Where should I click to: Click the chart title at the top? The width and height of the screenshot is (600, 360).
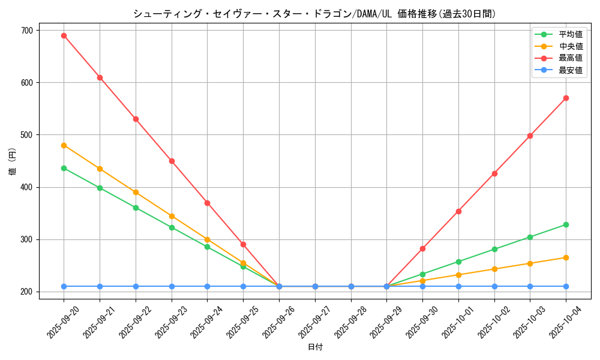314,14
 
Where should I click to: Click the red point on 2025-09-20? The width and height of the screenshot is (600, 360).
64,35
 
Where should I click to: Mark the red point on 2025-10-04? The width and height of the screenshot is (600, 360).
566,98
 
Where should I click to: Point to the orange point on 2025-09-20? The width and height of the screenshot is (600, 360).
64,145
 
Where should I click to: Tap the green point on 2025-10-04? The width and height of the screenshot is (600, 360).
566,224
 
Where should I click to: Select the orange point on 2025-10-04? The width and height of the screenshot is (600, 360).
566,257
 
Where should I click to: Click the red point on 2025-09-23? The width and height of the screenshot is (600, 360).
172,161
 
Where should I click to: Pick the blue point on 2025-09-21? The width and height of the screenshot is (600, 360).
100,286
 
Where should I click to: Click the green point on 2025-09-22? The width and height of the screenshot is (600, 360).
136,208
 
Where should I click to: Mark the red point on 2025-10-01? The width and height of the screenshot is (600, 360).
458,211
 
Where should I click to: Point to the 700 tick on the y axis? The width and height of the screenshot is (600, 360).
28,30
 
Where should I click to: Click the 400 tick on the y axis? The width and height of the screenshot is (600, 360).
28,187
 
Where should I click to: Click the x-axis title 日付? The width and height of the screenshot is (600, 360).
315,347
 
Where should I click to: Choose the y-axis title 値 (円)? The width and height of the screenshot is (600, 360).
12,162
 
